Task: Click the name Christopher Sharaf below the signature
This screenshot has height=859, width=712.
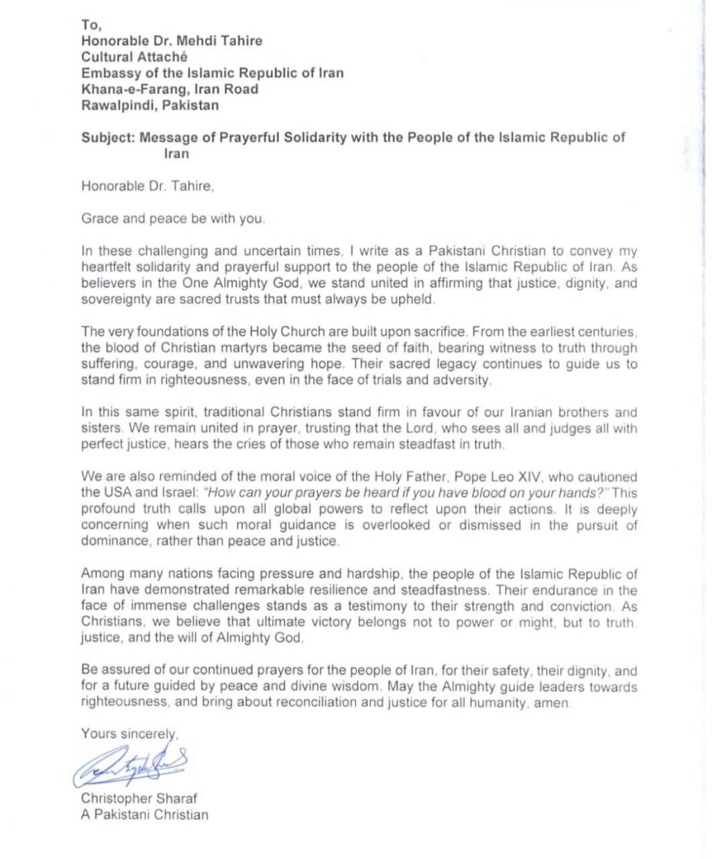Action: click(x=139, y=799)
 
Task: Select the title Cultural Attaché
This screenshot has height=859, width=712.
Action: click(x=134, y=57)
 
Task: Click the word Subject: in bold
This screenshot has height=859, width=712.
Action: click(x=107, y=138)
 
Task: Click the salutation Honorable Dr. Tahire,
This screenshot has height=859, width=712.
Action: click(x=147, y=187)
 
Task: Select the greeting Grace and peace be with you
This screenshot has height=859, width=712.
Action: click(x=173, y=219)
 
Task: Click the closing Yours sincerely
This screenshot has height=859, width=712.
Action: click(x=129, y=734)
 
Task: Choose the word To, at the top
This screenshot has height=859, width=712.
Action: click(x=91, y=25)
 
